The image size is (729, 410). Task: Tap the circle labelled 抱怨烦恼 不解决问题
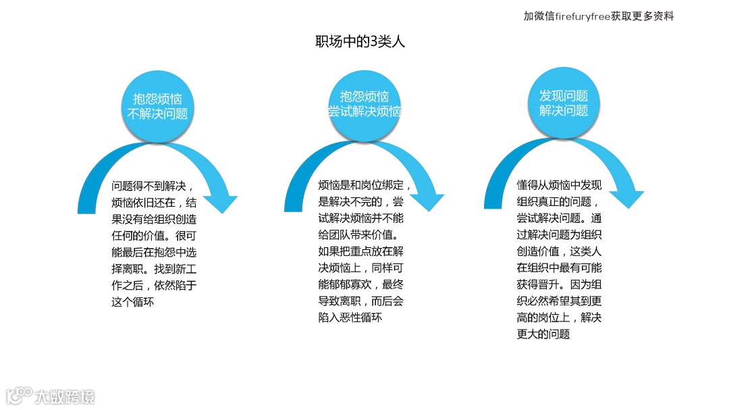pos(157,105)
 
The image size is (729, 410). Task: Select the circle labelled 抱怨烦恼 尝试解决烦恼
pos(364,104)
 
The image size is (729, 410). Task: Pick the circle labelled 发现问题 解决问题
pos(564,103)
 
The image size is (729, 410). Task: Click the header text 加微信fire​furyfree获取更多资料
pos(598,16)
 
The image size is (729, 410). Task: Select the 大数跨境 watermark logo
pos(51,396)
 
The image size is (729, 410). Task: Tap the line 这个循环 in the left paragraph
pos(133,301)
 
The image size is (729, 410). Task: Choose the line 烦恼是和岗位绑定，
pos(364,185)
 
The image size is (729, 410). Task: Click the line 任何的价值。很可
pos(154,235)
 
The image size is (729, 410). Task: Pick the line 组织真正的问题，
pos(558,202)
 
